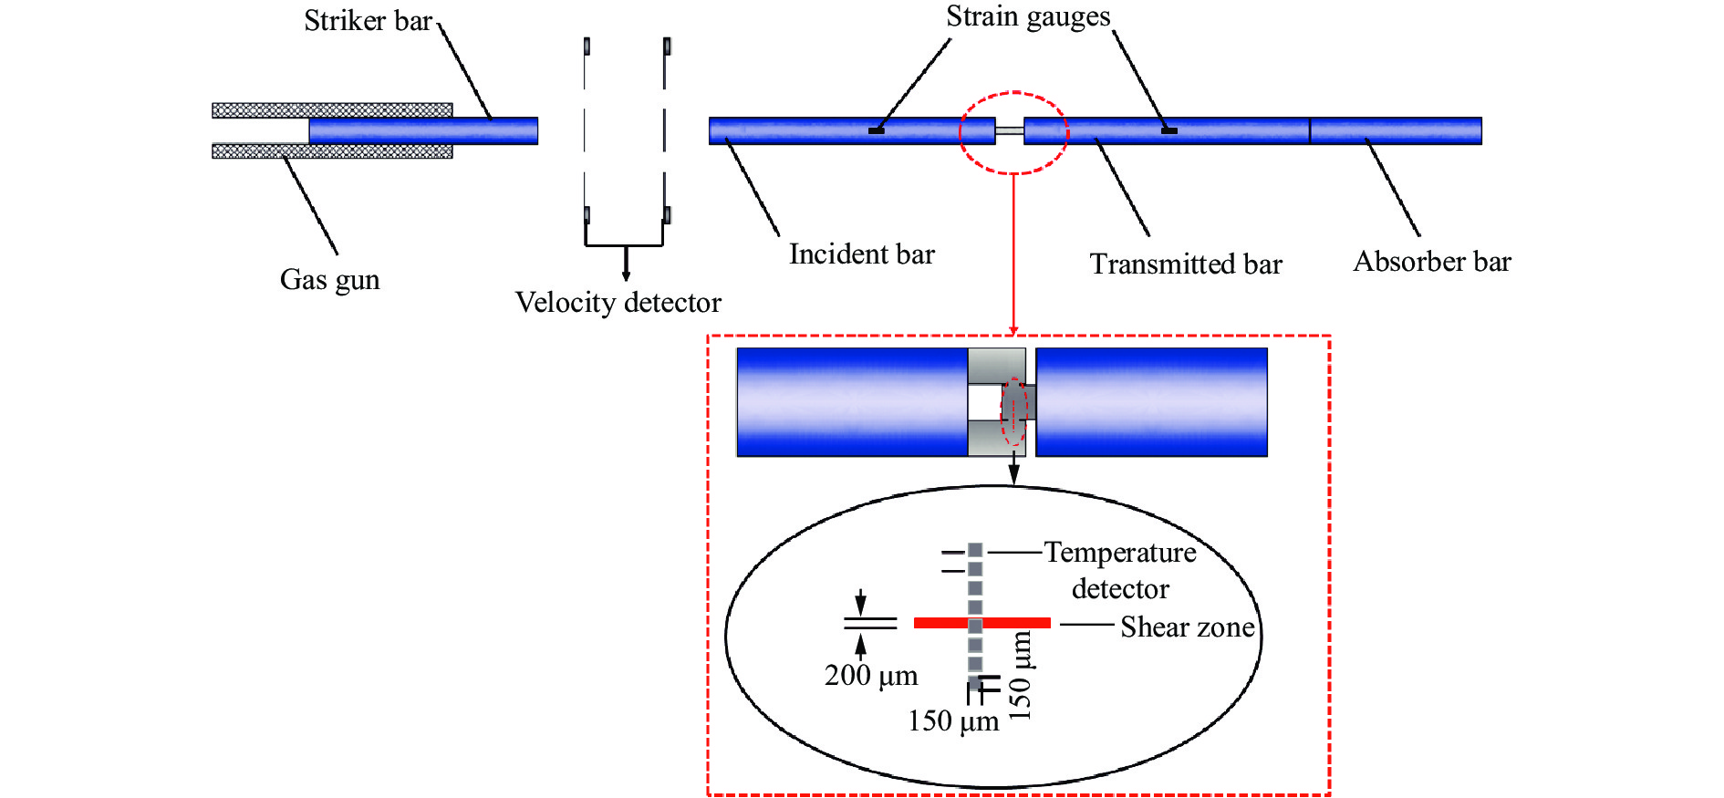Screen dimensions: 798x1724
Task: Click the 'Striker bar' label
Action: point(368,20)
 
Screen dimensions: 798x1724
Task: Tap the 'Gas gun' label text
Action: point(329,279)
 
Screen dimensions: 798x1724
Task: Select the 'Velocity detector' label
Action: point(618,302)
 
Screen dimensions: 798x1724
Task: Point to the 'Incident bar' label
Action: point(861,254)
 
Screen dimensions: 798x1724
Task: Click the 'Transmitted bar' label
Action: point(1185,264)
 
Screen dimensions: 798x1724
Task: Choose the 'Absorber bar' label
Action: point(1431,262)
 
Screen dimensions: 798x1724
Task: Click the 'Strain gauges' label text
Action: point(1027,16)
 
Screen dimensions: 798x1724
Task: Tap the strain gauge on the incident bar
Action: point(876,130)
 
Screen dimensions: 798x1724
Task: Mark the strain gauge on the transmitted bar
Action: point(1168,130)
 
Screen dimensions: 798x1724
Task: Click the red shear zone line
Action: point(940,623)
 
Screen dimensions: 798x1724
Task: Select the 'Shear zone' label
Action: point(1187,627)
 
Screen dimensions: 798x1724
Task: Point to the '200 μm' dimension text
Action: point(870,676)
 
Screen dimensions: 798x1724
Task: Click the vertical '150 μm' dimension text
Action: point(1021,676)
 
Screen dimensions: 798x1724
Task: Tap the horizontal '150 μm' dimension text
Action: point(952,721)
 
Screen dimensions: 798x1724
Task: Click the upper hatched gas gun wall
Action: point(332,110)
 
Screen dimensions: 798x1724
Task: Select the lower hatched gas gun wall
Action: point(332,151)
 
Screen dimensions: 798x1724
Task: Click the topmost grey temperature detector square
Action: point(975,550)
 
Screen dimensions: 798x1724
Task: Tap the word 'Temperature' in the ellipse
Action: point(1119,553)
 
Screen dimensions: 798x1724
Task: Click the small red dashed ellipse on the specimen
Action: point(1013,412)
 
